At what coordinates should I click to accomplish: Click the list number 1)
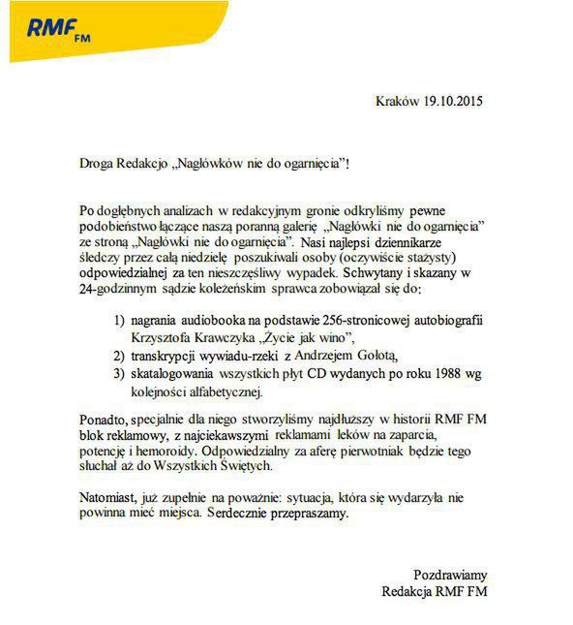click(119, 320)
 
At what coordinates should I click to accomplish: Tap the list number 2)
click(119, 356)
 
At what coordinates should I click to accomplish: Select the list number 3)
click(119, 375)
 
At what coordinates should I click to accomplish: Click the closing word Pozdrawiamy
click(451, 574)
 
